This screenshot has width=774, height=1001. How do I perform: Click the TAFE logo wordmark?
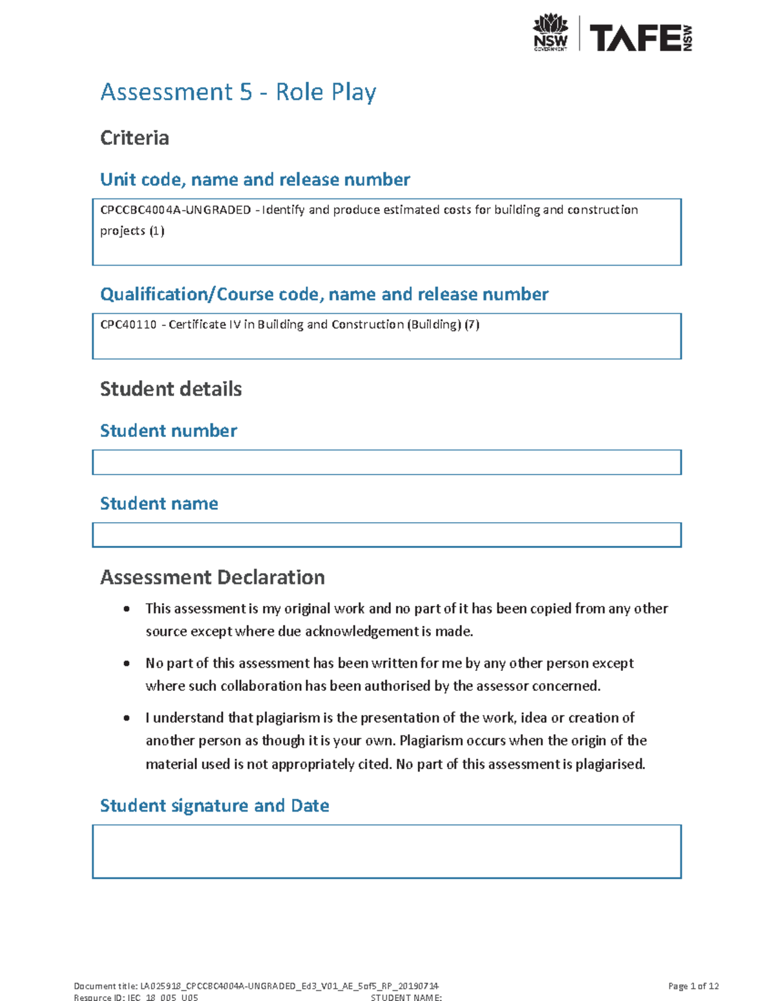click(x=635, y=38)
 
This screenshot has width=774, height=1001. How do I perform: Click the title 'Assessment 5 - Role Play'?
click(x=238, y=92)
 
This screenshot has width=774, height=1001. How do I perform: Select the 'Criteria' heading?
click(x=134, y=138)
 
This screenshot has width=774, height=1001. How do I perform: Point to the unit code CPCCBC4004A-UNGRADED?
click(x=175, y=210)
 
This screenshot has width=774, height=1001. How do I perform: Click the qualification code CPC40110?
click(x=128, y=325)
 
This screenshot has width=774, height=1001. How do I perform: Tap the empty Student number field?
click(x=386, y=462)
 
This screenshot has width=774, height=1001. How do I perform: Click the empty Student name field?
click(x=386, y=535)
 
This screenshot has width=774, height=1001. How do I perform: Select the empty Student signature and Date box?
click(x=386, y=851)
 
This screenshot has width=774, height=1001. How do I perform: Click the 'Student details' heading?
click(x=171, y=389)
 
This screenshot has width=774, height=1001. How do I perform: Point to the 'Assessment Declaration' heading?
click(x=212, y=578)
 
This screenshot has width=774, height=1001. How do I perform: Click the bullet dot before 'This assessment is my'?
click(x=127, y=609)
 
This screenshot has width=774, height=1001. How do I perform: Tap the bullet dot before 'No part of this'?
click(x=127, y=664)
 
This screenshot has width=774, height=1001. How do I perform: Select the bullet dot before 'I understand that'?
click(x=127, y=718)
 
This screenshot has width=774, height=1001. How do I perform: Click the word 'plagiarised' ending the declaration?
click(x=610, y=764)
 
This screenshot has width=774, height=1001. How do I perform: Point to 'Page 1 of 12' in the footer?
click(x=693, y=986)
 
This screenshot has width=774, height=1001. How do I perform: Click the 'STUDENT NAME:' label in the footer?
click(x=406, y=997)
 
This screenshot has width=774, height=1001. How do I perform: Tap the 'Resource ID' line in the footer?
click(x=136, y=997)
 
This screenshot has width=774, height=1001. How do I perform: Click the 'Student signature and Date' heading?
click(x=214, y=806)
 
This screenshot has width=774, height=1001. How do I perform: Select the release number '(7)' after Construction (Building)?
click(x=472, y=325)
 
